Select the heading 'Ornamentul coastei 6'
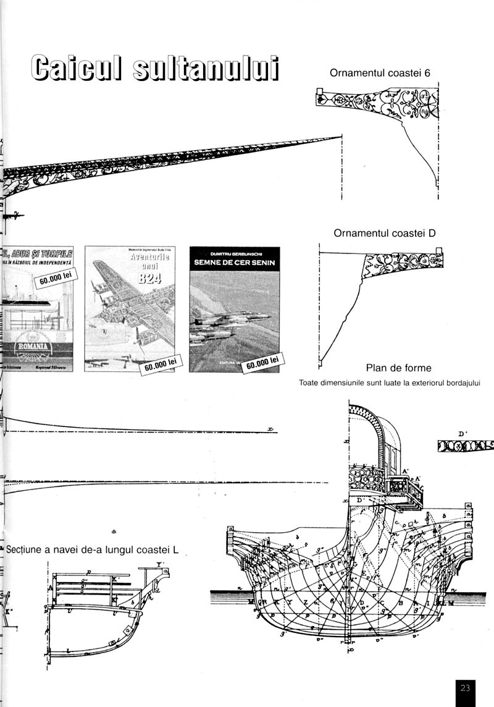[380, 73]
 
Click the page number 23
[466, 687]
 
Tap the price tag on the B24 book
[161, 365]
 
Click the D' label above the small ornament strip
[462, 434]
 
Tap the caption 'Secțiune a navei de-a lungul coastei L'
[93, 549]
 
